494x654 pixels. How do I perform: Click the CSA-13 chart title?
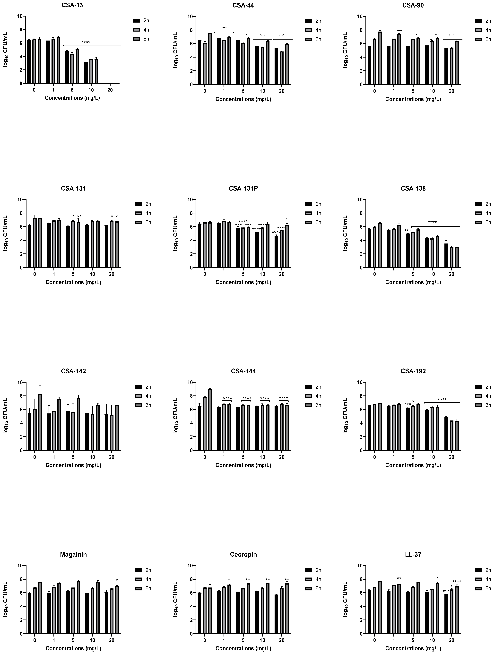tap(72, 5)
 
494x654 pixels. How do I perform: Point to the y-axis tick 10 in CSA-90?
tap(360, 16)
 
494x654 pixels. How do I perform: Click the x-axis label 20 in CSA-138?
tap(451, 274)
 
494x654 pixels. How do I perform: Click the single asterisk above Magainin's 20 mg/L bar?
tap(117, 580)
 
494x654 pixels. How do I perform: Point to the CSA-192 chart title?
tap(413, 371)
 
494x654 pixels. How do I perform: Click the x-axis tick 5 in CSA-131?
tap(73, 274)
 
